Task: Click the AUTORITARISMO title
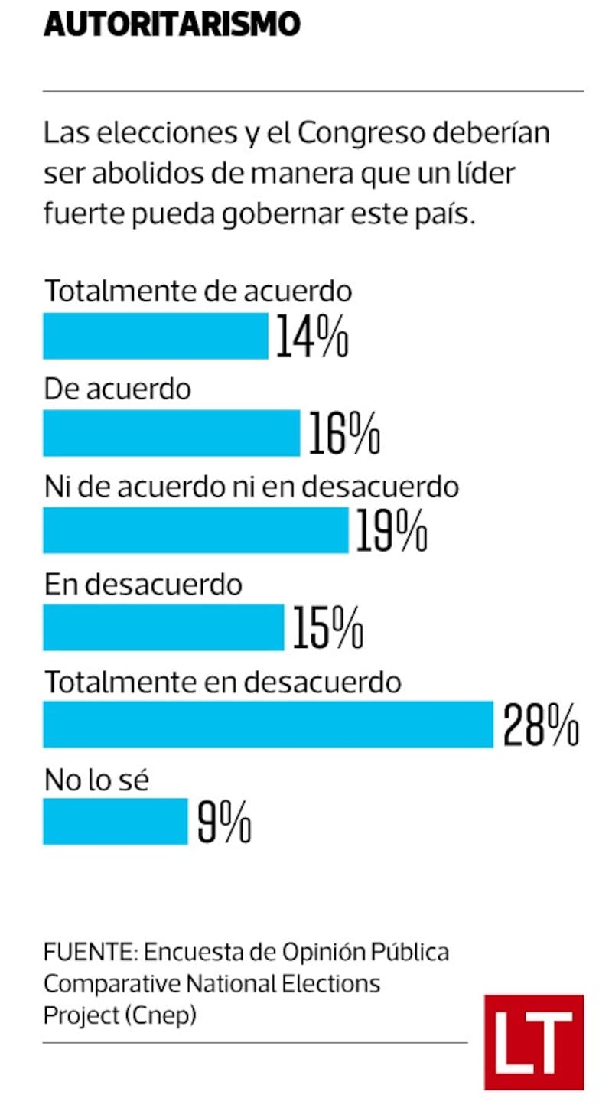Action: tap(171, 24)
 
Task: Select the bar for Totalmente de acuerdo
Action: tap(155, 335)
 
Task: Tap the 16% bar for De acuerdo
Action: tap(171, 432)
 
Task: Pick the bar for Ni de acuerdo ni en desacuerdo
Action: tap(195, 529)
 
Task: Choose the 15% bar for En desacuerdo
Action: tap(163, 627)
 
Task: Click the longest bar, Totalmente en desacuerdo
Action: tap(268, 724)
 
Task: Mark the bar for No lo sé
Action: tap(115, 821)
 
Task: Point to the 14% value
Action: tap(311, 337)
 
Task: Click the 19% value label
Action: tap(391, 531)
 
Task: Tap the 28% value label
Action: tap(540, 725)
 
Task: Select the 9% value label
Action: tap(224, 823)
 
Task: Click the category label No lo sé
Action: tap(96, 780)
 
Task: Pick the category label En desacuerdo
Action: tap(143, 585)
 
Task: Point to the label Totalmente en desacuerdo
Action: tap(223, 683)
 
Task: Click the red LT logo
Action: tap(533, 1042)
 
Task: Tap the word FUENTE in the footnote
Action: tap(89, 953)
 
